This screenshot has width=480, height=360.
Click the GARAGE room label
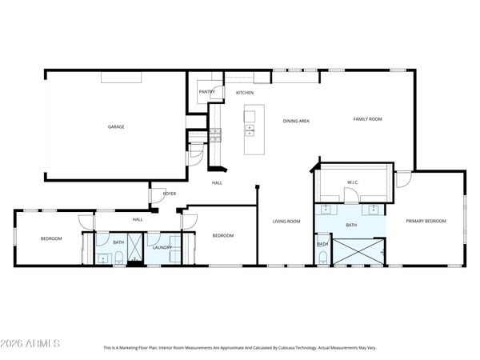[116, 126]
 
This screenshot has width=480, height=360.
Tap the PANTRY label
[206, 92]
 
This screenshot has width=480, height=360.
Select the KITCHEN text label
[244, 93]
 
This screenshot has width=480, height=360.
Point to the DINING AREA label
[296, 121]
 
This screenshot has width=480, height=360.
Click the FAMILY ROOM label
[368, 119]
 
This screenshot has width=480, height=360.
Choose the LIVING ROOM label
[286, 222]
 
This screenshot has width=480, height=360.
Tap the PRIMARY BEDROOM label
[425, 221]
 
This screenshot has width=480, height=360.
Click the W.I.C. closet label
[351, 182]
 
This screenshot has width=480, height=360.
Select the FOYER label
[170, 194]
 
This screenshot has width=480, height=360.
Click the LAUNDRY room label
[162, 248]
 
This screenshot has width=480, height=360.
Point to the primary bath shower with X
[358, 252]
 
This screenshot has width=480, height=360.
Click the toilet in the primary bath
[322, 256]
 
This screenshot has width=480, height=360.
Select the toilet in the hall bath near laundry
[118, 257]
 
